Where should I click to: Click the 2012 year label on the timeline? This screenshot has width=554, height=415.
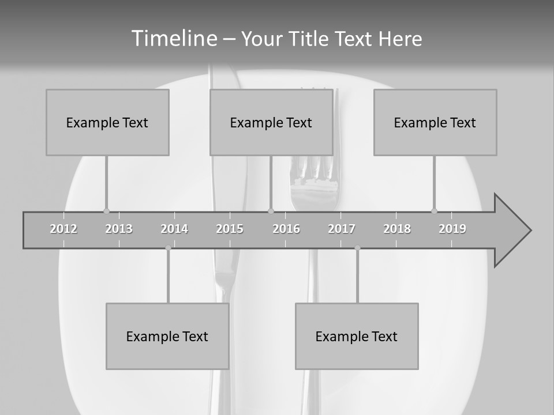(x=63, y=229)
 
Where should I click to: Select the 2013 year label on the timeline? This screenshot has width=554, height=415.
(x=119, y=229)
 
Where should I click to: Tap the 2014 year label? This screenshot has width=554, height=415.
(x=174, y=229)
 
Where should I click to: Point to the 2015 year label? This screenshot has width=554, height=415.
(x=230, y=229)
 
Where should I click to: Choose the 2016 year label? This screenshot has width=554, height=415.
(x=286, y=229)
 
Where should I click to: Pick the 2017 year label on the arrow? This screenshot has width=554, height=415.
(x=342, y=229)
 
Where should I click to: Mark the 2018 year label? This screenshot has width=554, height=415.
(x=397, y=229)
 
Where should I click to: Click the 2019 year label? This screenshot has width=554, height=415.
(x=452, y=229)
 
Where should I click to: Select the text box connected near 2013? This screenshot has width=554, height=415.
(x=107, y=122)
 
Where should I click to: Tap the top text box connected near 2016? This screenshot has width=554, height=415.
(x=271, y=122)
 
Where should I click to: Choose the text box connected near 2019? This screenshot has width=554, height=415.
(x=435, y=122)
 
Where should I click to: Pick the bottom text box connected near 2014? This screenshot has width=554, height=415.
(x=167, y=336)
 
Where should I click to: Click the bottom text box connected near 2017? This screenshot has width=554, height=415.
(x=357, y=336)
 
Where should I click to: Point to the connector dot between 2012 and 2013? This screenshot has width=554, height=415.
(x=106, y=211)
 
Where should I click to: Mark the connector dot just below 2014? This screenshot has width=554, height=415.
(x=168, y=248)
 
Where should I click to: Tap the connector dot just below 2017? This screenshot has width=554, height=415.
(x=357, y=248)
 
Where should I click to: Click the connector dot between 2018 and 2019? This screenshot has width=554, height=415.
(x=434, y=211)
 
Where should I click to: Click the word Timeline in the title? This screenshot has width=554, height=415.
(x=173, y=39)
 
